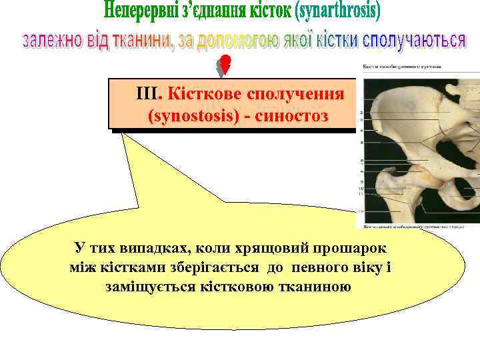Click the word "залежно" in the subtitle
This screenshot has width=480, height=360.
point(53,40)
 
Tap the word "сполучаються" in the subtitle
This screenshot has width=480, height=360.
point(413,40)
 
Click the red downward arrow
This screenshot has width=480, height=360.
point(225,65)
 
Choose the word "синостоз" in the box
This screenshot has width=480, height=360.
point(292,116)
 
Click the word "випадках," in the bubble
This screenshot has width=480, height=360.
point(149,248)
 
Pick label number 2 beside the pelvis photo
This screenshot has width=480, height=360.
point(361,113)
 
